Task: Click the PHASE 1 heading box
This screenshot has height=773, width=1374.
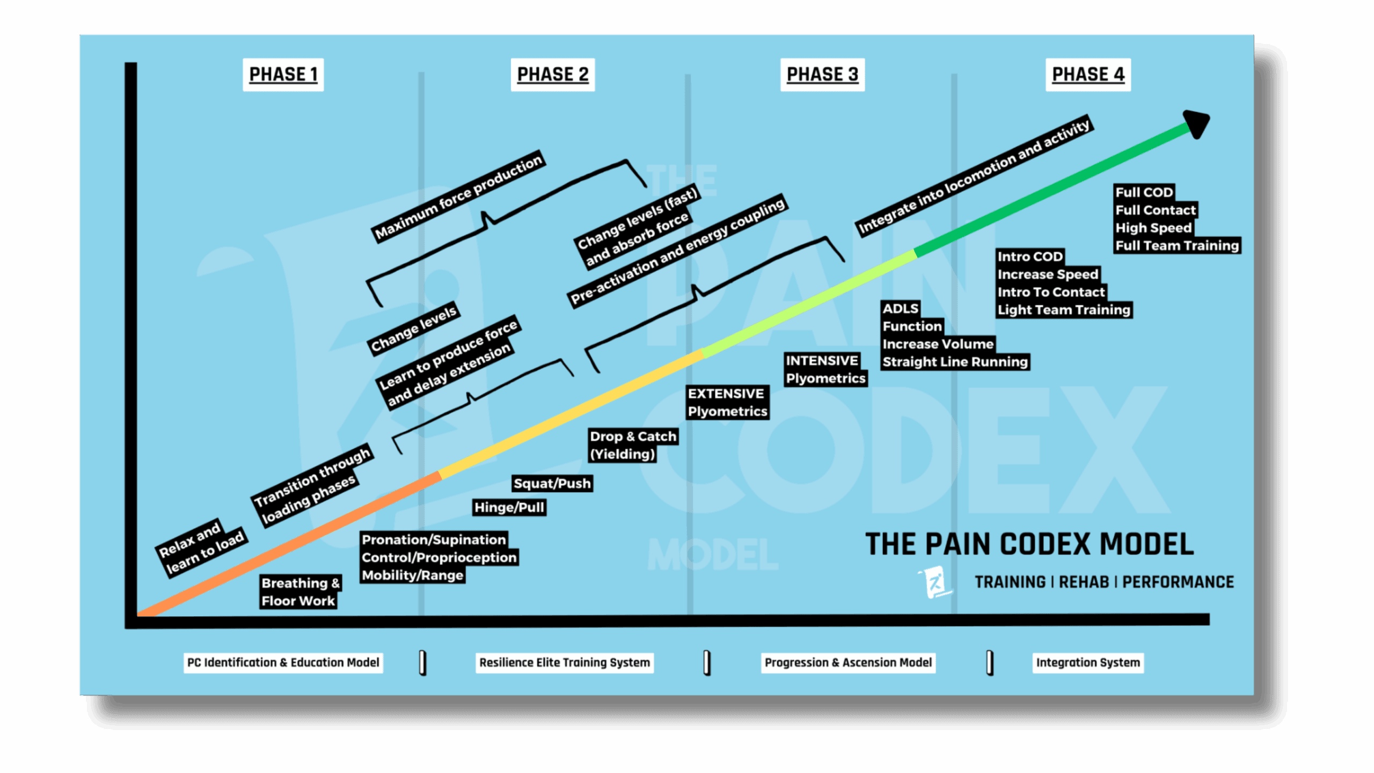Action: tap(283, 75)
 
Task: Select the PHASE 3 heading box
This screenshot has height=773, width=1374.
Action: tap(822, 75)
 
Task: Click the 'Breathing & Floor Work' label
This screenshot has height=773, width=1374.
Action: tap(299, 592)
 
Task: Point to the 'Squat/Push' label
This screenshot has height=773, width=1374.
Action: tap(552, 483)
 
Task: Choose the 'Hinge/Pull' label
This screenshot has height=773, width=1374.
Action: tap(509, 507)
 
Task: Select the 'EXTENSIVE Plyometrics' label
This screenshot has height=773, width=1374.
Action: tap(727, 402)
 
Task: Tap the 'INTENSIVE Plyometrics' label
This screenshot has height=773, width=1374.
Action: tap(825, 369)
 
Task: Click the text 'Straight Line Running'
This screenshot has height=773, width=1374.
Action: tap(955, 362)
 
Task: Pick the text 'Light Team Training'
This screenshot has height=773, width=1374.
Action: tap(1063, 310)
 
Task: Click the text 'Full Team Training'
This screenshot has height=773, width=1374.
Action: tap(1176, 245)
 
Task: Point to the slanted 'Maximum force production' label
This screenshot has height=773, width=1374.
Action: tap(458, 196)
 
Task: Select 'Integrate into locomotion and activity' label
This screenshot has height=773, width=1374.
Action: tap(974, 176)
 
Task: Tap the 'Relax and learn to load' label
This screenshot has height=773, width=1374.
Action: tap(201, 548)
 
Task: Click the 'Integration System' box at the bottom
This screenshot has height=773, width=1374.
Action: tap(1087, 662)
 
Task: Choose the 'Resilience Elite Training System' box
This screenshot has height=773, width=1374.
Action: tap(564, 662)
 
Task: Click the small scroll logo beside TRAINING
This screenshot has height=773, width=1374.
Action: tap(935, 582)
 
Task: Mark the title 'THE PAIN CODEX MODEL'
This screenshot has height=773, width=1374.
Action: tap(1029, 544)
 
